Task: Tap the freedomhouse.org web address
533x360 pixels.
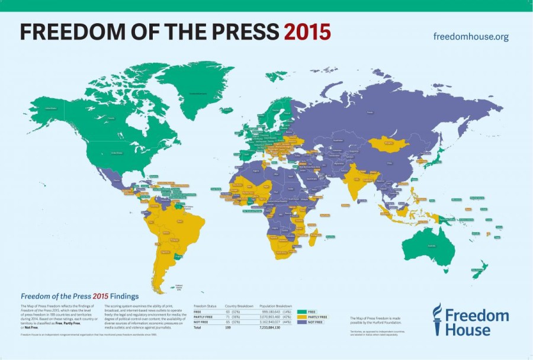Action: click(x=471, y=37)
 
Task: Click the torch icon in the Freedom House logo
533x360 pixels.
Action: click(x=437, y=319)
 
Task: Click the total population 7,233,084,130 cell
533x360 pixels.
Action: click(x=274, y=327)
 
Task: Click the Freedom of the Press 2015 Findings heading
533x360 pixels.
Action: click(x=79, y=296)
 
